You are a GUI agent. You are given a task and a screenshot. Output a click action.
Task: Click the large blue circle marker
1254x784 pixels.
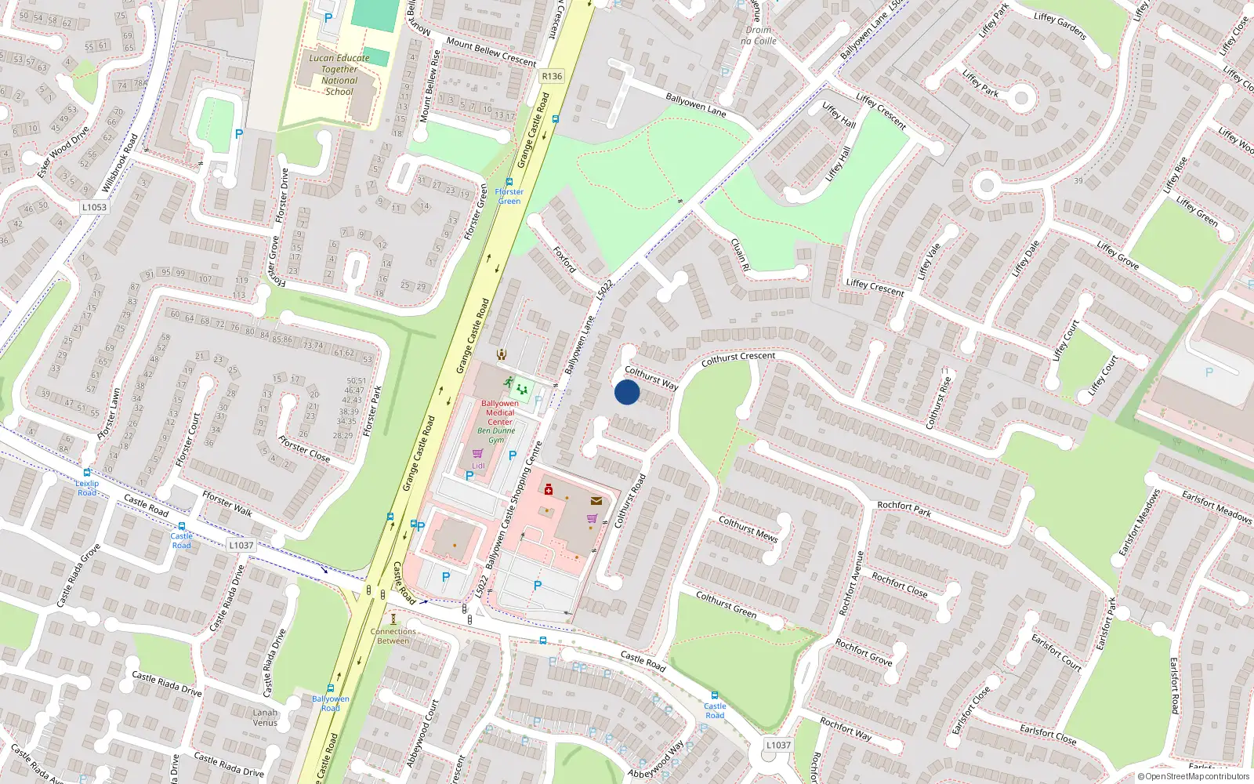tap(627, 392)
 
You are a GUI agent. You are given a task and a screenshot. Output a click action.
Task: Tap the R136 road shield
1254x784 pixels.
tap(552, 76)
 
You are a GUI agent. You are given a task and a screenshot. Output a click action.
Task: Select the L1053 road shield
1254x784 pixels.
tap(94, 207)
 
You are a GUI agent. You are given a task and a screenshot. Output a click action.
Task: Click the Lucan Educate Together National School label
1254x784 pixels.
tap(339, 74)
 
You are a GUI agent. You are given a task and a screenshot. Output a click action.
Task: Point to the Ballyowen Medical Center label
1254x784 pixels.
tap(500, 412)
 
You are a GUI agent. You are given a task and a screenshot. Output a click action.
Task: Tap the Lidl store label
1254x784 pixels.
tap(478, 466)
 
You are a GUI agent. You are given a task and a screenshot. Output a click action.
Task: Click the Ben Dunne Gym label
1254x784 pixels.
tap(497, 435)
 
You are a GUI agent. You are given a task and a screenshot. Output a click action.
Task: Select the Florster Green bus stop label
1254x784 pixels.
tap(509, 196)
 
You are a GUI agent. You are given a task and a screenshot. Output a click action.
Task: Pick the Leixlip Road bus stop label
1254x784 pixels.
tap(87, 488)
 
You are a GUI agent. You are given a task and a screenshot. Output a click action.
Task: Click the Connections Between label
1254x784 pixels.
tap(393, 636)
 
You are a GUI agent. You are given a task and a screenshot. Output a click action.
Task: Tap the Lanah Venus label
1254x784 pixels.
tap(265, 717)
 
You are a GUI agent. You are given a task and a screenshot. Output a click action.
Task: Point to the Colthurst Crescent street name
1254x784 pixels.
tap(738, 358)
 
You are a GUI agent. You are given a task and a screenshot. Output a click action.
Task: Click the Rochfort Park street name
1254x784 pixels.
tap(904, 509)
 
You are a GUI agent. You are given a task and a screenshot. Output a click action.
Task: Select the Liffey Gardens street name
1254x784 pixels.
tap(1060, 26)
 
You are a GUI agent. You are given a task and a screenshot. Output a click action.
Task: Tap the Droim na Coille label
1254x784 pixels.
tap(759, 35)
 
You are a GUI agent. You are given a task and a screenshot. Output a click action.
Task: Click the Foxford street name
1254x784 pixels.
tap(565, 260)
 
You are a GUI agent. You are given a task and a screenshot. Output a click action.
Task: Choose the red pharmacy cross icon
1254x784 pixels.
tap(549, 490)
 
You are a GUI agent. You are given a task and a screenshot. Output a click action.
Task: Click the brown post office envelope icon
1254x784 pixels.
tap(597, 500)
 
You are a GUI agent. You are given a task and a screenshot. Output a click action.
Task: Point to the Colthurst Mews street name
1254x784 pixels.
tap(748, 528)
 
